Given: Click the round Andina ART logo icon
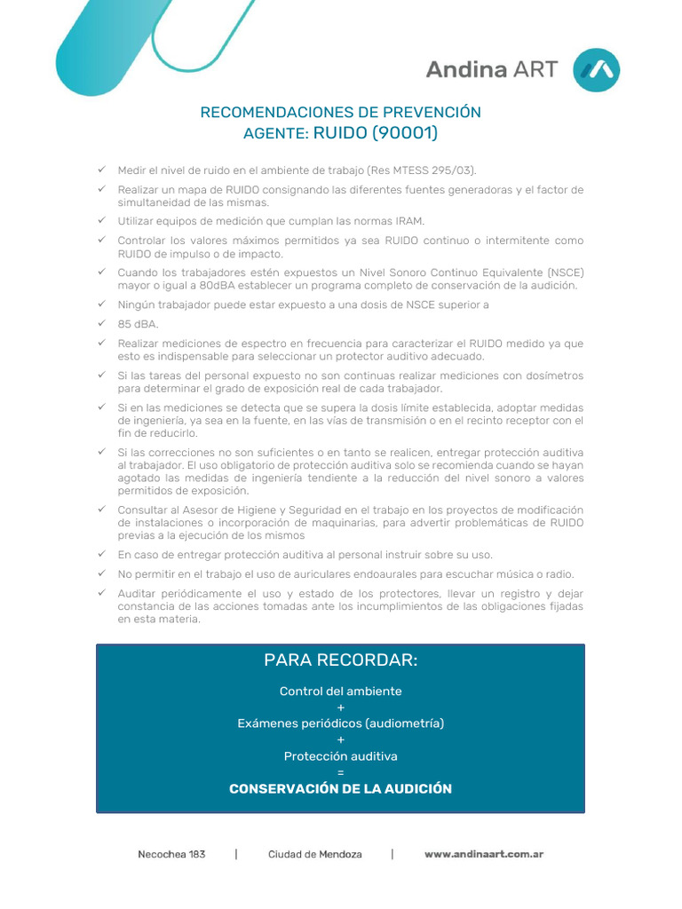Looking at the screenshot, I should coord(597,70).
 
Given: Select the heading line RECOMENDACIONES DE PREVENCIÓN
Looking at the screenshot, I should coord(341,112).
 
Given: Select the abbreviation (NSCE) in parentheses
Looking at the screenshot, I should coord(566,273).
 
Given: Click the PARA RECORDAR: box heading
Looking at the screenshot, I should coord(340,660).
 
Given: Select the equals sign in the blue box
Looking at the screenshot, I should coord(341,772).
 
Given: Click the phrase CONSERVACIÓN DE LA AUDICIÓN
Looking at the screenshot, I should coord(341,788).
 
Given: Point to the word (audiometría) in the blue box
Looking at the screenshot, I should coord(402,723).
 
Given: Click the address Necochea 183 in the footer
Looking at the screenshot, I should coord(171,854).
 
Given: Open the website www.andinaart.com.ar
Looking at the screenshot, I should coord(484,854).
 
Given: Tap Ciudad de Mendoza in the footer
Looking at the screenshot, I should coord(315,854).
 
